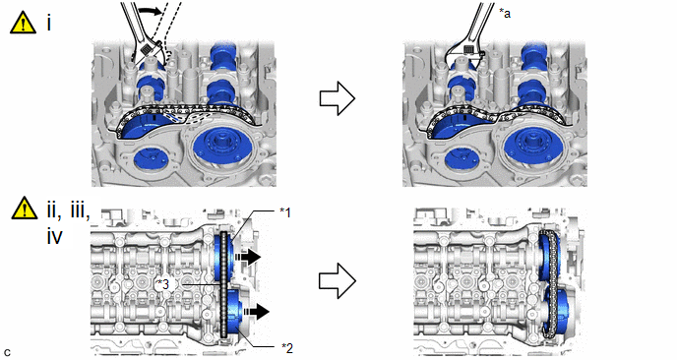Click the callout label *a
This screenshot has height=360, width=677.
[x=504, y=14]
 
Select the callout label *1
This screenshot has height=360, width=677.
[x=285, y=211]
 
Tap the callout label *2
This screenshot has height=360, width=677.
[x=287, y=347]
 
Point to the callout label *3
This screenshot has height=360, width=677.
[x=162, y=284]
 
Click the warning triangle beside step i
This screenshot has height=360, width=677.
[x=24, y=23]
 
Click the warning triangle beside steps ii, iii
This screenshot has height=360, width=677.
[x=25, y=209]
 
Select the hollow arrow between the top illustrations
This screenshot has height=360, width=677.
[x=338, y=98]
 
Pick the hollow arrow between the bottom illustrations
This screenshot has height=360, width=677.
[x=338, y=281]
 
